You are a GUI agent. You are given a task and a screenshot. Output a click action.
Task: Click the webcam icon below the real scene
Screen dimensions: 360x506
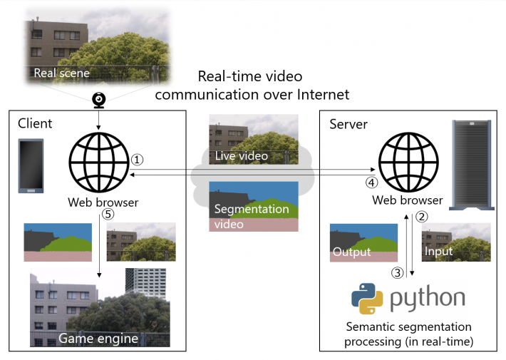(98, 100)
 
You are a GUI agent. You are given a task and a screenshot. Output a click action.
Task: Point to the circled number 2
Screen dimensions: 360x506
(421, 217)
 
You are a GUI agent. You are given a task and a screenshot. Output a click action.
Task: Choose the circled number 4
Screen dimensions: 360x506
(371, 182)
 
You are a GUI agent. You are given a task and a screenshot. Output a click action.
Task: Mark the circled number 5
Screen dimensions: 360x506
(107, 213)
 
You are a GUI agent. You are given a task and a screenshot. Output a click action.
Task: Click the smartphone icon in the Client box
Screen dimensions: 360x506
(31, 166)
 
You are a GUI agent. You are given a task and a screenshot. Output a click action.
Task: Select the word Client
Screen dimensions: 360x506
(34, 125)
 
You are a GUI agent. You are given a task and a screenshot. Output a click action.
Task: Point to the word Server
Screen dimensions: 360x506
(348, 125)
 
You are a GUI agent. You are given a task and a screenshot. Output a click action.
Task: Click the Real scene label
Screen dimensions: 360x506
(62, 73)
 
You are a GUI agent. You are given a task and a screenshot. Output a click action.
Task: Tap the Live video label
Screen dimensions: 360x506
(242, 155)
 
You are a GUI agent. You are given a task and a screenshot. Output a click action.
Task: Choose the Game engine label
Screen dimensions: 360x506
(98, 338)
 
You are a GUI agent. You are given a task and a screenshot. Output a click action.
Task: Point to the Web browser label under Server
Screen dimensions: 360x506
(408, 200)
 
